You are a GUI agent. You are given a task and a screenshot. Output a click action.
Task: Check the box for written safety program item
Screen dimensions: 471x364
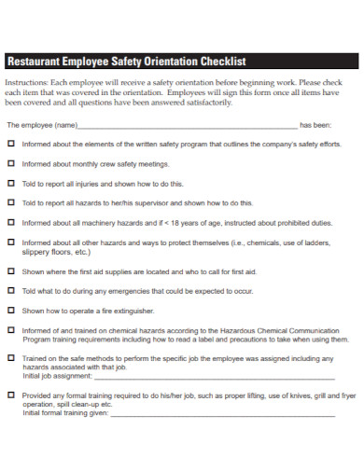click(11, 145)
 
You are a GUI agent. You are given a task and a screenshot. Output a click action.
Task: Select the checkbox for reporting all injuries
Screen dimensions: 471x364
click(11, 184)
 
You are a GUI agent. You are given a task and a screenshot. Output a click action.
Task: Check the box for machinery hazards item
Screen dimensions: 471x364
click(11, 223)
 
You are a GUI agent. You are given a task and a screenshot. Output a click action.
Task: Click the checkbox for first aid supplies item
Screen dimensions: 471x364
click(11, 271)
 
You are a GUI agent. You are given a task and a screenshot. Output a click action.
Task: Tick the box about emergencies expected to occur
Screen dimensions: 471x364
click(11, 291)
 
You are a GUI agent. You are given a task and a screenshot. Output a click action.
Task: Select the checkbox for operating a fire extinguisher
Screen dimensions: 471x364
click(11, 311)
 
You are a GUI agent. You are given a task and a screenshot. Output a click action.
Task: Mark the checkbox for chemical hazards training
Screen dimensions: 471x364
click(11, 330)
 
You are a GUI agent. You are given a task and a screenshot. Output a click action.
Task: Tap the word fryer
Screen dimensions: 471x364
click(347, 395)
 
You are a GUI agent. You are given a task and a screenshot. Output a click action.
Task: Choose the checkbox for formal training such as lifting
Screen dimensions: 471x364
click(11, 395)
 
